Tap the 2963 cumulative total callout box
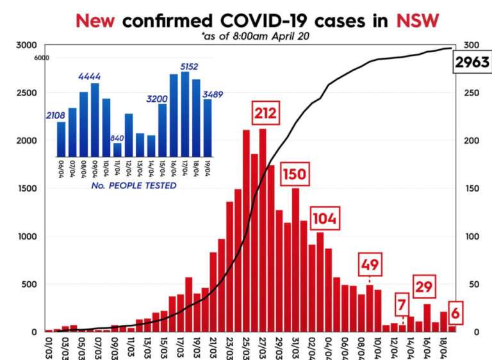tap(471, 62)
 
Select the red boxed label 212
tap(265, 114)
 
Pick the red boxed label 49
tap(370, 265)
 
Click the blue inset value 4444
tap(89, 77)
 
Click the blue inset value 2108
tap(56, 116)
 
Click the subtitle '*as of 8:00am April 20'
tap(255, 36)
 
